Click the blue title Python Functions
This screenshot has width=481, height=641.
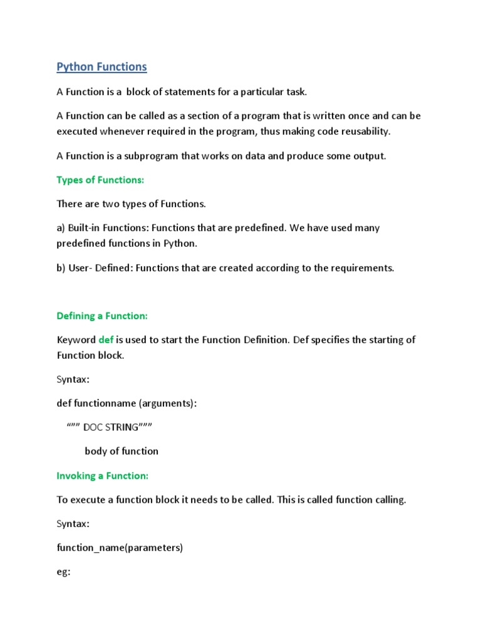(101, 66)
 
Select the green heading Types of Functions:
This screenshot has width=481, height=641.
(100, 180)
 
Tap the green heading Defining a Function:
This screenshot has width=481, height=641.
(102, 316)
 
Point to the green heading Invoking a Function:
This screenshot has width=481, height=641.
(103, 476)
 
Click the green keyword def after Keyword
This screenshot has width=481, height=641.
(106, 340)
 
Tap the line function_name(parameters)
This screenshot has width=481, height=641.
(120, 548)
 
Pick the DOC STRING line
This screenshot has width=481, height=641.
(110, 427)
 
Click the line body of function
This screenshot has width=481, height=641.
(122, 451)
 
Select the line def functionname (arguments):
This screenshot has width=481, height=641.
(127, 404)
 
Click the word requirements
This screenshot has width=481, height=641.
(364, 268)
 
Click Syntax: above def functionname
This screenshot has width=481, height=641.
(73, 379)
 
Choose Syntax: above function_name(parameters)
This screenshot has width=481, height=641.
(73, 524)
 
